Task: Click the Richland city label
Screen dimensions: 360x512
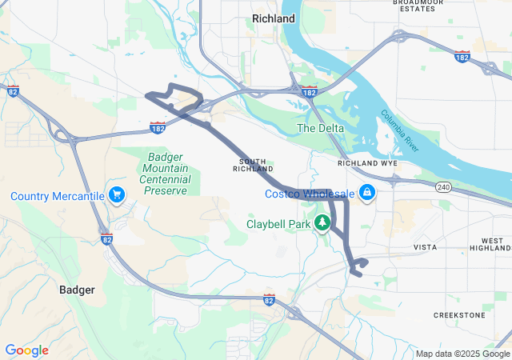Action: pos(273,18)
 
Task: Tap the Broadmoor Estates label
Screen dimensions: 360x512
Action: pos(418,6)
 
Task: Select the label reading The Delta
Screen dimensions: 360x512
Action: pos(321,128)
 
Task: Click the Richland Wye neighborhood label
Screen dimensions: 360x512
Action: pos(368,162)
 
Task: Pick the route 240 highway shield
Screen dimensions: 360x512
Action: pos(443,187)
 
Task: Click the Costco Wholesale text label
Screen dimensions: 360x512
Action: pos(310,194)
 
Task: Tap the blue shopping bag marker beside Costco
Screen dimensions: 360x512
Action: pos(367,193)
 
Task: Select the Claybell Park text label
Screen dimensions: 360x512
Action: pos(278,225)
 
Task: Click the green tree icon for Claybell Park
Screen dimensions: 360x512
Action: pos(322,223)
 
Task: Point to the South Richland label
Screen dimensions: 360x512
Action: pos(253,165)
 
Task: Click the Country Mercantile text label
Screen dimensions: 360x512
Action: pos(58,196)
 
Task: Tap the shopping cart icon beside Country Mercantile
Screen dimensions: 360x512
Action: pos(117,194)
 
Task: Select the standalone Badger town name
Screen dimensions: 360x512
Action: pos(78,290)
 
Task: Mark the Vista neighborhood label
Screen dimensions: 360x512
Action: pos(425,248)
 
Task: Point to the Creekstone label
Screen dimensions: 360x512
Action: pos(459,315)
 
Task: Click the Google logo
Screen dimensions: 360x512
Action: pos(26,350)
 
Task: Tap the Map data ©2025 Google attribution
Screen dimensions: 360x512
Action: pos(462,354)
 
